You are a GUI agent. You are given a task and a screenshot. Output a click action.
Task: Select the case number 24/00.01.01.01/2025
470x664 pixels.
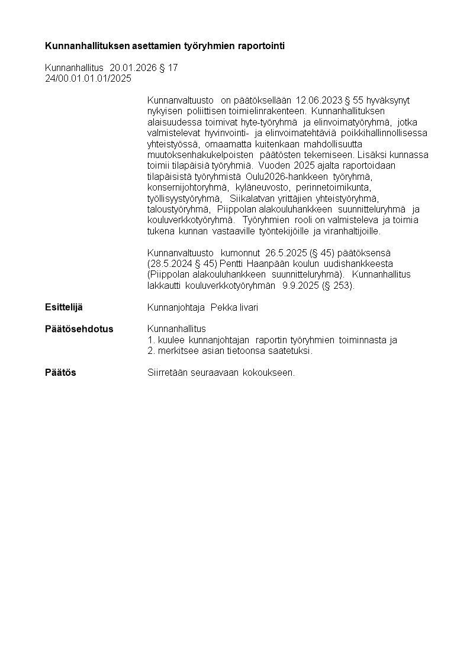coord(88,78)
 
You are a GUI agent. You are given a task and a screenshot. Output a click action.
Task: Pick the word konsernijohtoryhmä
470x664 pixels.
coord(184,187)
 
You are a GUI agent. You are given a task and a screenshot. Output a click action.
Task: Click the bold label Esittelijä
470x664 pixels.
coord(64,307)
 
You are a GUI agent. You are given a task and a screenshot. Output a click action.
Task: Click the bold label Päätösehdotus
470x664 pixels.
coord(79,328)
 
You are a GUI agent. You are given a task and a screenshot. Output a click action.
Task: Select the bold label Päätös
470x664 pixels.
coord(60,372)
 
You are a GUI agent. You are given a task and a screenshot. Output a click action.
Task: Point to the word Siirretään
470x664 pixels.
coord(168,373)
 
